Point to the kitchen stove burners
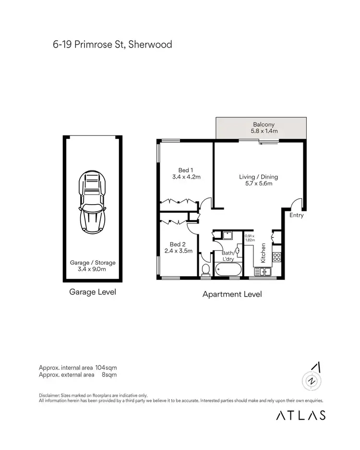click(276, 256)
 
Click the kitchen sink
click(263, 272)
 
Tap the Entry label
click(296, 215)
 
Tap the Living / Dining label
click(258, 177)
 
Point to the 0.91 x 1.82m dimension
click(249, 238)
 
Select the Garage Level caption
click(93, 292)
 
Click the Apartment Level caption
click(232, 294)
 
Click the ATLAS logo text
click(300, 415)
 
